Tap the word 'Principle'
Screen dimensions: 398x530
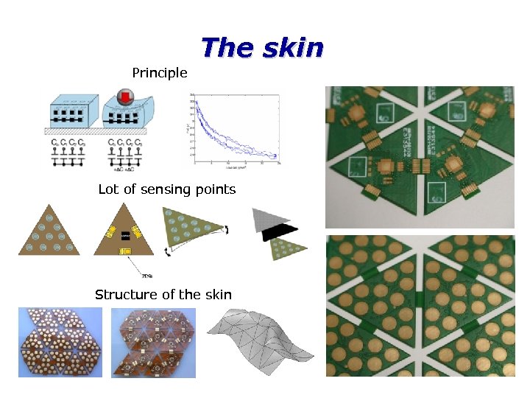pos(160,73)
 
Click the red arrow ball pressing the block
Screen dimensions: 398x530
pos(124,99)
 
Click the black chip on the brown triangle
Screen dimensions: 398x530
pos(125,235)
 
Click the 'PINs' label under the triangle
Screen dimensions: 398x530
pos(126,275)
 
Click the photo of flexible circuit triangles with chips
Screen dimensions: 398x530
pos(154,342)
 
